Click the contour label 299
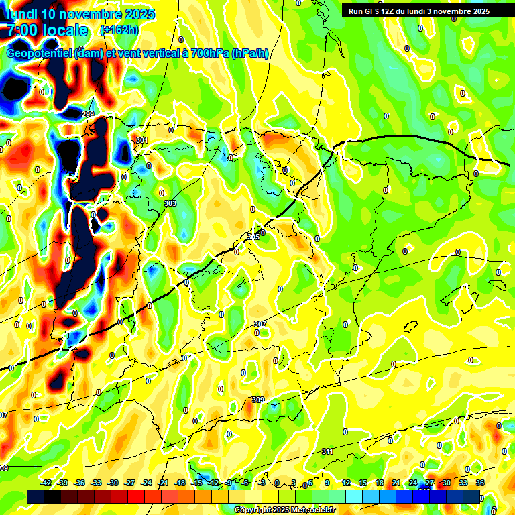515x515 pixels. coord(88,115)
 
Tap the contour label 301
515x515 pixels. coord(141,140)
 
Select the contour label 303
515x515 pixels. coord(170,203)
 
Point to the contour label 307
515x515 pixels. coord(260,324)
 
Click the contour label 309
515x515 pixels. coord(257,400)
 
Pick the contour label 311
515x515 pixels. coord(327,451)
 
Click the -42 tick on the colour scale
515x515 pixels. coord(46,483)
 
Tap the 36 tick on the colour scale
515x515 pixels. coord(480,483)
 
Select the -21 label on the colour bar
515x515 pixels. coord(163,483)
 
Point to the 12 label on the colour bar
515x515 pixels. coord(346,483)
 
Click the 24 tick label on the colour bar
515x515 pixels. coord(413,483)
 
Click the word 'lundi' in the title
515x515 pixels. coord(21,14)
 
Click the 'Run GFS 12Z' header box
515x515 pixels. coord(418,11)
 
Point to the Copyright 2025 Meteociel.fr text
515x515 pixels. coord(285,510)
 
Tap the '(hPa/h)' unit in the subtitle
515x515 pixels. coord(249,54)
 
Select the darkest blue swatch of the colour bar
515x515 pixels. coord(471,496)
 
